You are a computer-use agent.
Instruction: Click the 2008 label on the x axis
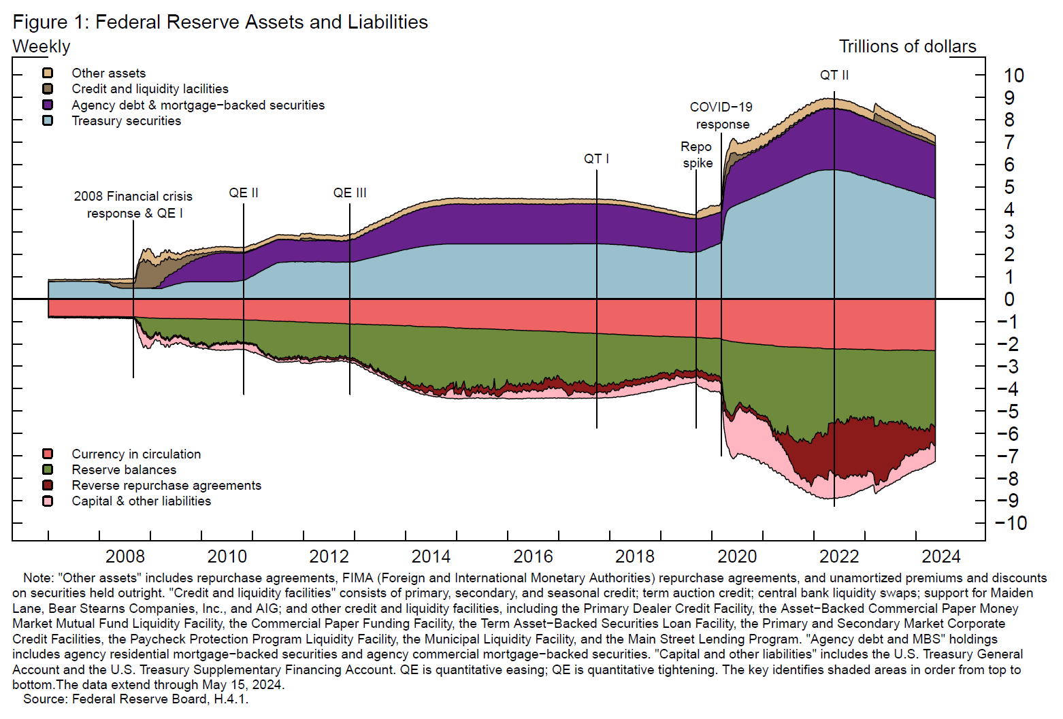click(x=125, y=556)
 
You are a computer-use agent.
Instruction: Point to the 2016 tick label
click(x=533, y=556)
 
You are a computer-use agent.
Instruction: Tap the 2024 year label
click(x=941, y=556)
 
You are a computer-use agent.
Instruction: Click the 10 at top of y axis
click(x=1013, y=76)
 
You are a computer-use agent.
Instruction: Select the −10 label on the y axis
click(x=1011, y=523)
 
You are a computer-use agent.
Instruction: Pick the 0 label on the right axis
click(x=1009, y=299)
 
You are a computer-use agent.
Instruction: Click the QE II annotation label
click(x=244, y=193)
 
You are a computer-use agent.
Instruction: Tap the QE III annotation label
click(x=350, y=193)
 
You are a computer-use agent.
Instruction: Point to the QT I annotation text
click(x=596, y=159)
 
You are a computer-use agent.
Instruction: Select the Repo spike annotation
click(x=697, y=155)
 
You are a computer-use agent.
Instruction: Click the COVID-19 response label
click(x=721, y=116)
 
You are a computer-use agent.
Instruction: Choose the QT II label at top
click(x=834, y=76)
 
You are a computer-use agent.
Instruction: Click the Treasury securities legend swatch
click(x=48, y=121)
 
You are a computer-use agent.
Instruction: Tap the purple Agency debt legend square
click(x=48, y=105)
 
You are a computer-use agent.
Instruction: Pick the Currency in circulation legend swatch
click(x=48, y=454)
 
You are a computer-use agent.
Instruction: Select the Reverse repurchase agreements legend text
click(x=166, y=486)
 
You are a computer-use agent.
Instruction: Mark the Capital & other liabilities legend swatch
click(x=48, y=501)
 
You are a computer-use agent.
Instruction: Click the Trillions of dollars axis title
click(x=907, y=47)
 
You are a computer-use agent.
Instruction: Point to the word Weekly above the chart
click(x=42, y=47)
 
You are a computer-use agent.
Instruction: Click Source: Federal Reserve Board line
click(x=136, y=699)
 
